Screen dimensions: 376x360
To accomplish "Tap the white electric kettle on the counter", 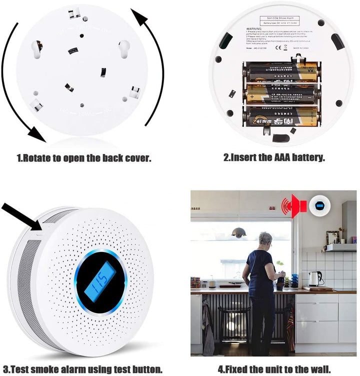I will tap(314, 278).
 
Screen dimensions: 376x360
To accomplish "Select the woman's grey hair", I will tap(264, 238).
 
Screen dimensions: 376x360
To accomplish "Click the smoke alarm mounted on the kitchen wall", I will tap(319, 204).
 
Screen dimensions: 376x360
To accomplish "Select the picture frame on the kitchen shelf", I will tap(331, 237).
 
